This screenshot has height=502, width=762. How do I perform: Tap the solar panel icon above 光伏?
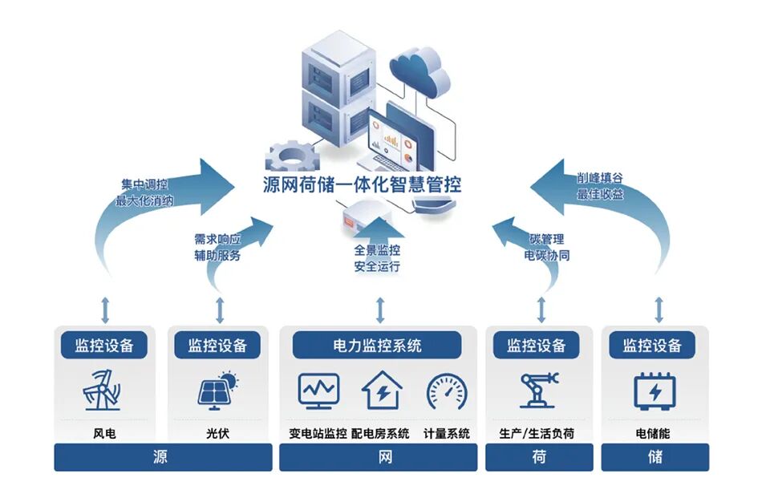click(217, 389)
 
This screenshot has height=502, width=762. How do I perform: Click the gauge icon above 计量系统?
click(447, 391)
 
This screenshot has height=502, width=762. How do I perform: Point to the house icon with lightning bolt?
click(383, 391)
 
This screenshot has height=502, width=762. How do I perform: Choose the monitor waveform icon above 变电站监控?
click(318, 391)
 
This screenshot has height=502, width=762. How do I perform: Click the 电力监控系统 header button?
click(377, 346)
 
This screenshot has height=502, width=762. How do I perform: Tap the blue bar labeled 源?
click(160, 458)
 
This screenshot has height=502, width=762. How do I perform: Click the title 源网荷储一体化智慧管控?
click(363, 184)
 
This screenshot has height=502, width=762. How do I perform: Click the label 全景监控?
click(377, 250)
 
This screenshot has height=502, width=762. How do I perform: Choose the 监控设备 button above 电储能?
click(652, 346)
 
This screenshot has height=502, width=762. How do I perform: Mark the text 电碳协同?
click(547, 256)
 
